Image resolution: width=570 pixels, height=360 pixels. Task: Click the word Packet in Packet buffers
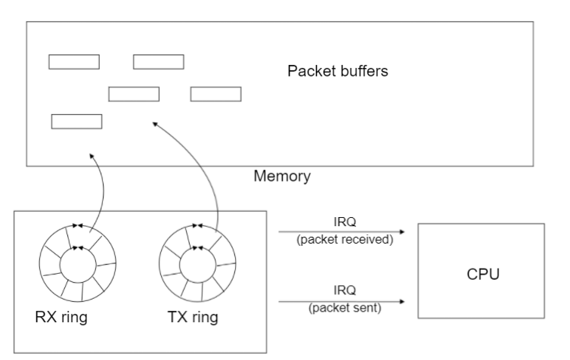[x=308, y=73]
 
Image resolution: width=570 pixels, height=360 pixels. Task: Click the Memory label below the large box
[x=281, y=177]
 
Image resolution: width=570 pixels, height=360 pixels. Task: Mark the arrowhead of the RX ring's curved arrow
[x=91, y=155]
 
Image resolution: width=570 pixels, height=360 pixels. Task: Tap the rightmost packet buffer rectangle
[x=215, y=94]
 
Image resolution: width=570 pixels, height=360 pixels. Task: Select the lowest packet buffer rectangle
[x=76, y=121]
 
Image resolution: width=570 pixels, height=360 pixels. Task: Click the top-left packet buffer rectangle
[x=74, y=62]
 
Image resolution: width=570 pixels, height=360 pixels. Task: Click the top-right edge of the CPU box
[x=544, y=225]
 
